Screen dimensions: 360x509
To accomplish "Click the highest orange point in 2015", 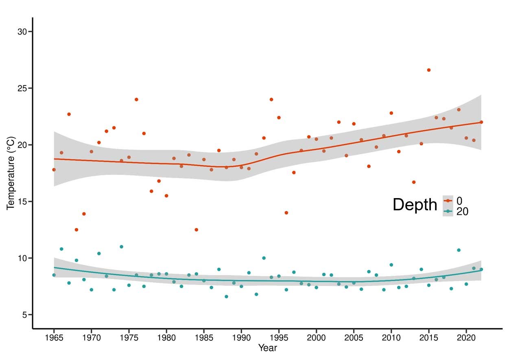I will point(429,70).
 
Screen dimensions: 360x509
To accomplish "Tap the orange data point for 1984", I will point(197,230).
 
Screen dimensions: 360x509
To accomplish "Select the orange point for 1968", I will point(76,230).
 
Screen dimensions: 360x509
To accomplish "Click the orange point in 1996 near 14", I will point(286,213).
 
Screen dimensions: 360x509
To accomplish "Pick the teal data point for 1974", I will point(121,247).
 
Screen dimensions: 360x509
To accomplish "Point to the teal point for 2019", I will point(459,250).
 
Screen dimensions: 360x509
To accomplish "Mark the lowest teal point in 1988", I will point(226,297).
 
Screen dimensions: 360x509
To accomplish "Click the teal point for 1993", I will point(264,258).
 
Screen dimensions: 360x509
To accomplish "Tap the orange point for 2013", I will point(414,182).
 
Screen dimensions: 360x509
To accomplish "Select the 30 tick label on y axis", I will point(22,32).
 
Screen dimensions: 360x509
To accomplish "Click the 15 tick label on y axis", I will point(22,202).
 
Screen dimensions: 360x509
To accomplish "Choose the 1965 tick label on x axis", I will point(54,338).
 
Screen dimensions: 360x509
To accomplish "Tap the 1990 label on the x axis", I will point(241,338).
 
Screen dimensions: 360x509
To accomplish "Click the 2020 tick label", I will point(466,338).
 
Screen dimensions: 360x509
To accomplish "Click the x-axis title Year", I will point(267,348).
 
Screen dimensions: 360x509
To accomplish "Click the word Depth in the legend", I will point(415,205).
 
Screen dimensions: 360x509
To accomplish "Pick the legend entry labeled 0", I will point(460,201).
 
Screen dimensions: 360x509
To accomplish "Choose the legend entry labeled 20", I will point(462,212).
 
